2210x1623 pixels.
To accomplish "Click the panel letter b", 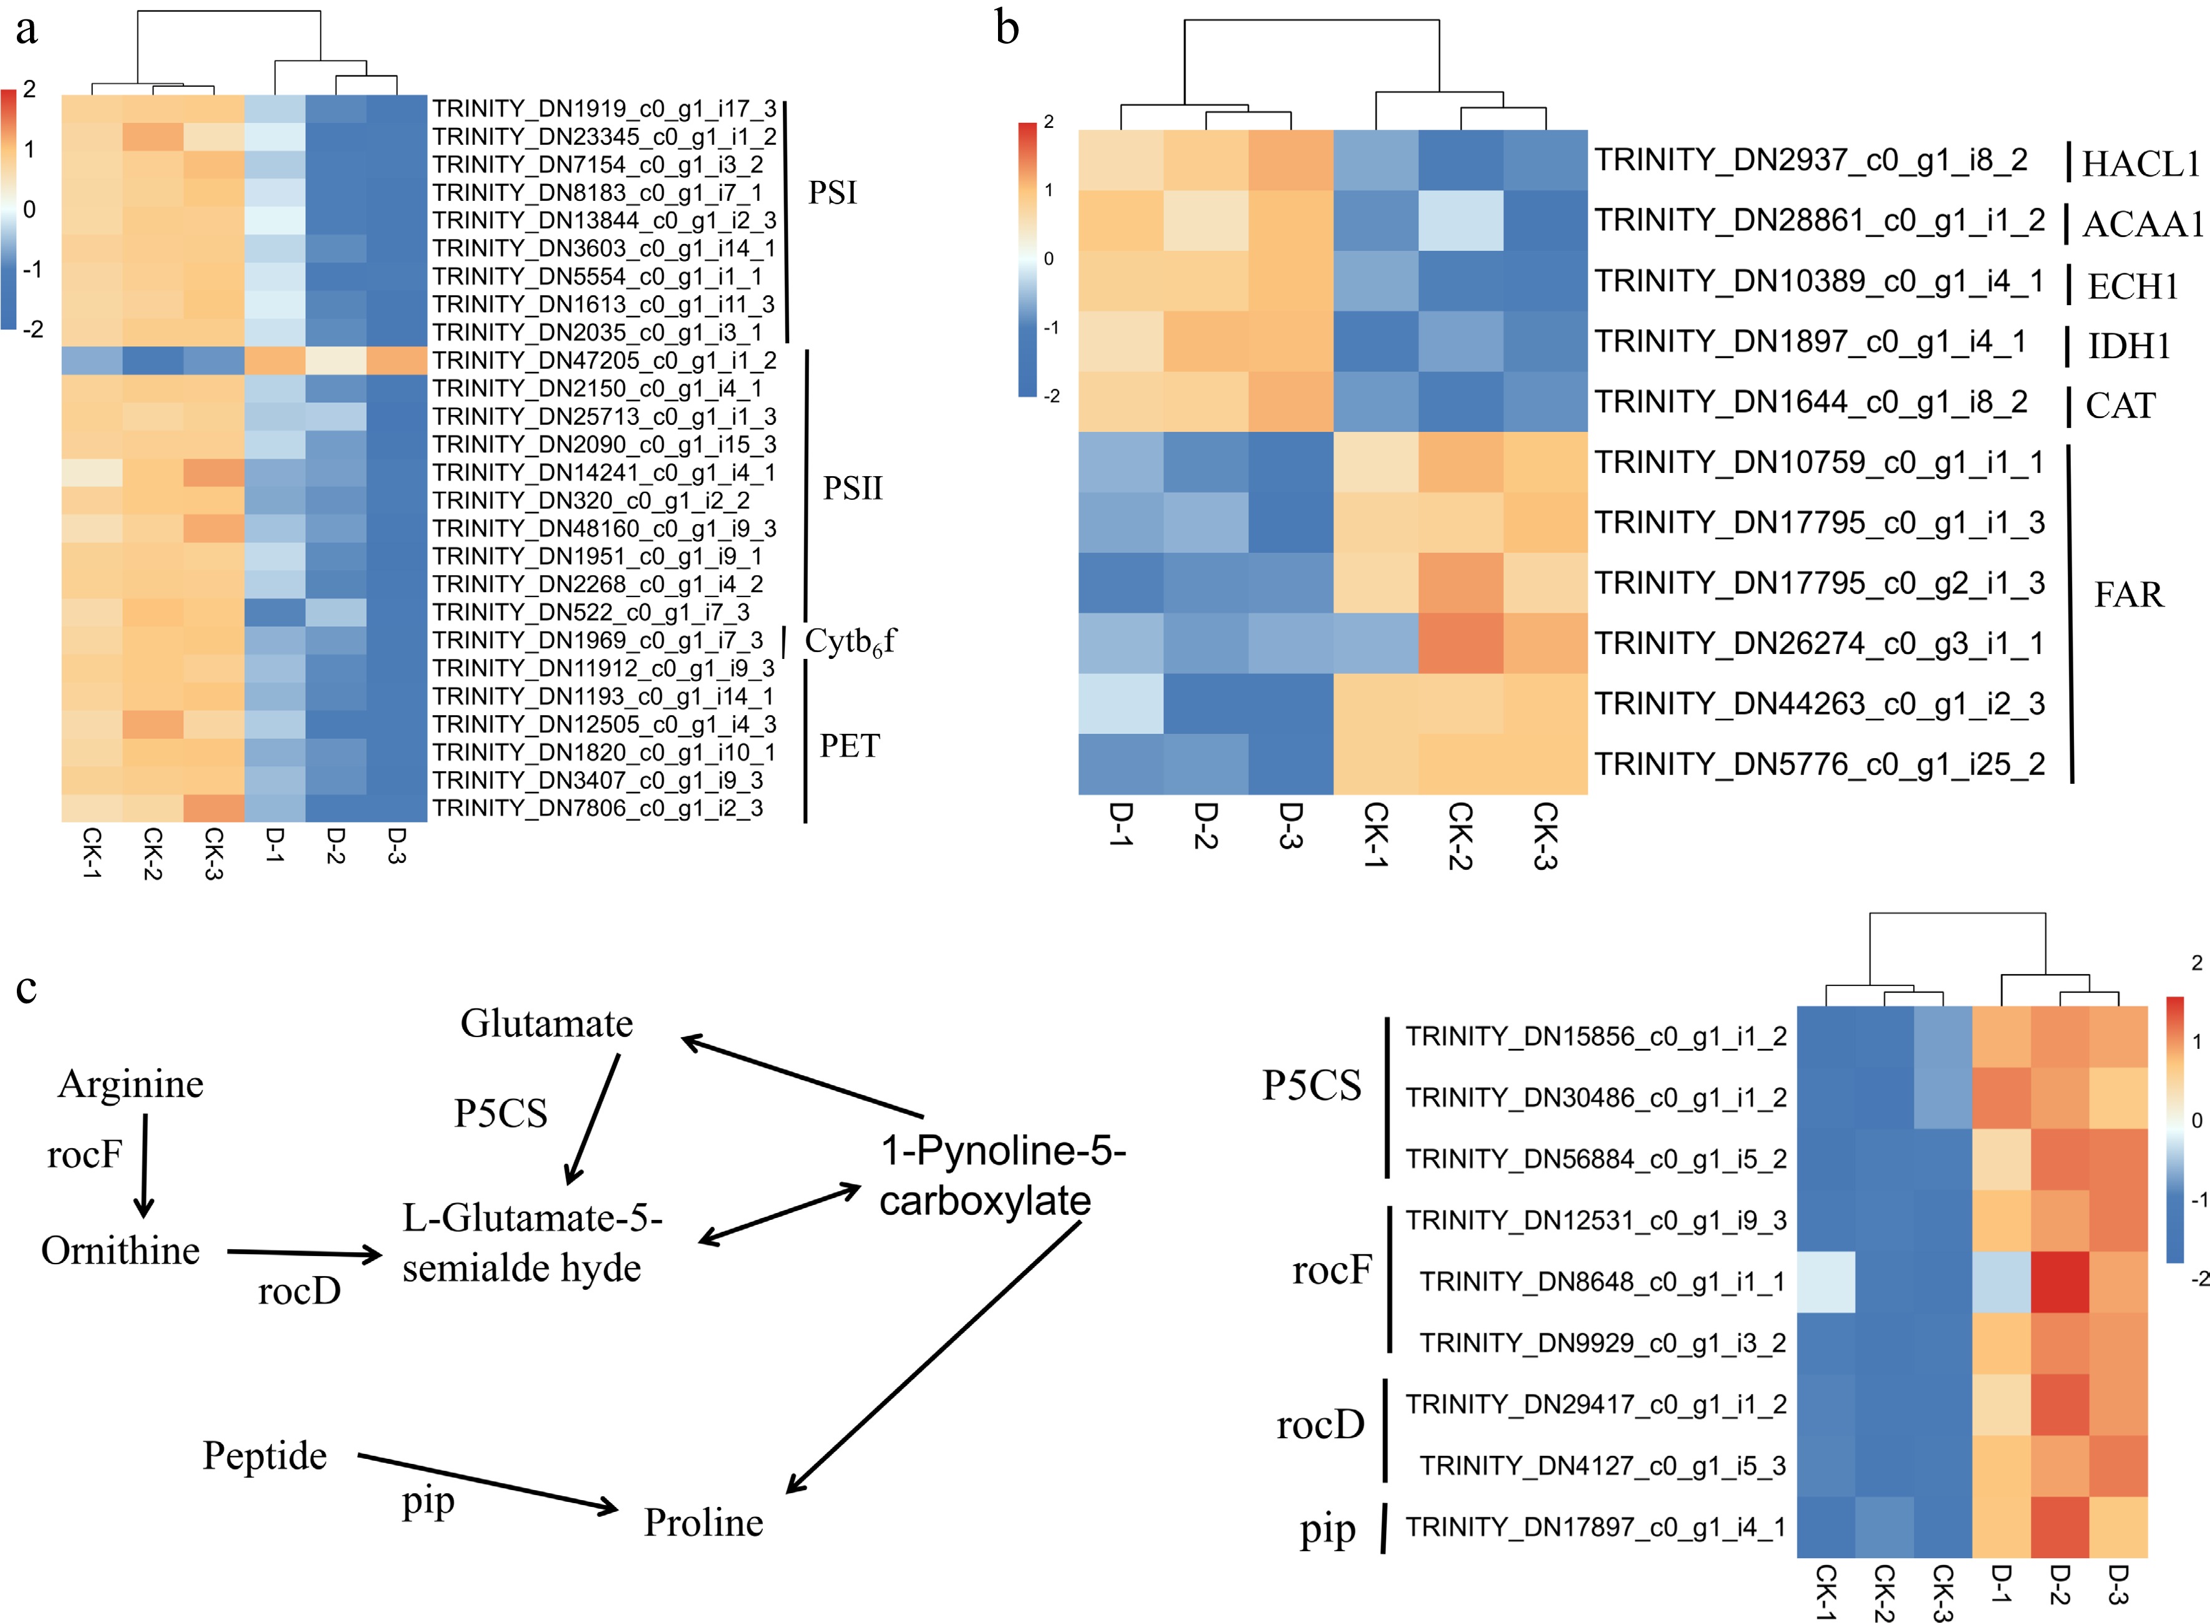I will [x=1007, y=27].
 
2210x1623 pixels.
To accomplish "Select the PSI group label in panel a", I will [x=832, y=193].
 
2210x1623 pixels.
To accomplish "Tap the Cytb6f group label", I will [x=850, y=641].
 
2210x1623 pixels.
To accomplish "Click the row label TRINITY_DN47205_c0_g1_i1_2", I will [x=604, y=361].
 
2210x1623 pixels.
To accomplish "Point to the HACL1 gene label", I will [x=2141, y=163].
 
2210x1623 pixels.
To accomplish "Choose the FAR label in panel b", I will [x=2128, y=595].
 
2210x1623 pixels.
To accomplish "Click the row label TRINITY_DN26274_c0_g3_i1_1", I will [x=1818, y=643].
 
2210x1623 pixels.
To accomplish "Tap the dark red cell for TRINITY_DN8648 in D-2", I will [x=2060, y=1281].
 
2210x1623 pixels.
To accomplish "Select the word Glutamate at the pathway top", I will [x=546, y=1024].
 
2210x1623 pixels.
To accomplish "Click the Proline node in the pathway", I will [x=703, y=1522].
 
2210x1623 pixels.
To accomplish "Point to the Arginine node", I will [x=130, y=1084].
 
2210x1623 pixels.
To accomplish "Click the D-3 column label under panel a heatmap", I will [x=396, y=845].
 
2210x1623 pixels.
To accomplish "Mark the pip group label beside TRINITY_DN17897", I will [x=1327, y=1529].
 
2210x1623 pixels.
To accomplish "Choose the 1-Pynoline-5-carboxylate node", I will [x=1001, y=1175].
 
